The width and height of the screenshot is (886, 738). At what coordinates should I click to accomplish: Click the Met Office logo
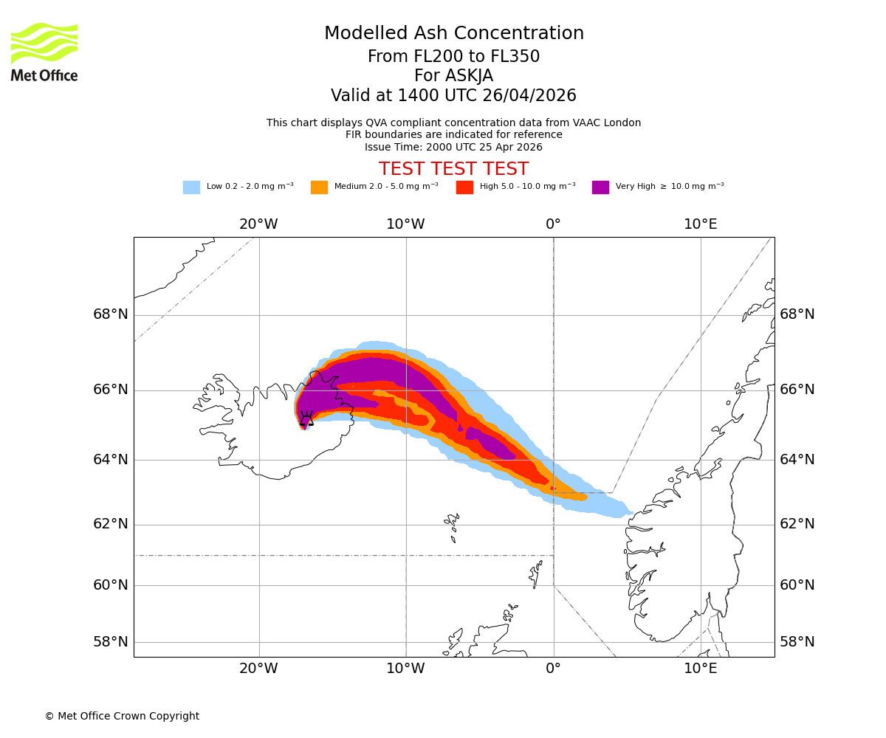(x=44, y=52)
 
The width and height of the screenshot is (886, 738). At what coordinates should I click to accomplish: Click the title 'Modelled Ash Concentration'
(x=454, y=34)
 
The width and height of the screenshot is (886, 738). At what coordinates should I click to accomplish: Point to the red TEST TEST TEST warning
(x=454, y=169)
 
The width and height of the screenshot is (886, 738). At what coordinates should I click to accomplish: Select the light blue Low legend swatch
(x=191, y=187)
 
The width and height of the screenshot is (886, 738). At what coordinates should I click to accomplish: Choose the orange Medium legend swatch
(x=319, y=187)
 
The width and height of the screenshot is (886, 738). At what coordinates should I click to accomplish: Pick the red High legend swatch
(x=464, y=187)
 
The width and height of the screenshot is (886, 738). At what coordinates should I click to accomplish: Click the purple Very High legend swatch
(x=600, y=187)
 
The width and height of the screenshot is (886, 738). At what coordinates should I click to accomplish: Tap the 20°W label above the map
(x=258, y=224)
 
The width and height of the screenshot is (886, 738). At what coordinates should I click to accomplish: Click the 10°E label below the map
(x=701, y=669)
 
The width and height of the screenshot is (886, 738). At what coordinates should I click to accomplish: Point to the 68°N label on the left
(x=111, y=314)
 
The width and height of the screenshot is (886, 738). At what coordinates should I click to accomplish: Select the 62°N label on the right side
(x=797, y=524)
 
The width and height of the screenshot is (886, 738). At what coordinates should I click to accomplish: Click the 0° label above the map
(x=553, y=224)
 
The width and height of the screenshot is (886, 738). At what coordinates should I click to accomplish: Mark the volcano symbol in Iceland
(x=306, y=419)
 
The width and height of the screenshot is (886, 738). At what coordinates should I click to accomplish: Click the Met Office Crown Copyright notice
(x=122, y=717)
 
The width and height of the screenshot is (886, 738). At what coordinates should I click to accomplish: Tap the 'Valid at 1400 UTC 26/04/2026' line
(x=454, y=96)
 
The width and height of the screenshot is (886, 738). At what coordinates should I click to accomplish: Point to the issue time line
(x=454, y=148)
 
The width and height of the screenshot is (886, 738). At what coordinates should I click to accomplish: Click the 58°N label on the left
(x=111, y=642)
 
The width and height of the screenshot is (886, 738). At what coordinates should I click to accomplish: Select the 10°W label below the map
(x=405, y=669)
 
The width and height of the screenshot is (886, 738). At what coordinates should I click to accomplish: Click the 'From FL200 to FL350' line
(x=454, y=57)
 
